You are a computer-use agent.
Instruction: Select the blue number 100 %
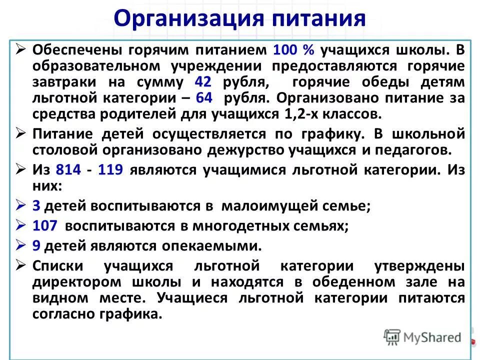[293, 50]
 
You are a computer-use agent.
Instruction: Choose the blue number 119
[111, 170]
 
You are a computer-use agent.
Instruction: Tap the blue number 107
[45, 225]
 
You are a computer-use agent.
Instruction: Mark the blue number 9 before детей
[35, 245]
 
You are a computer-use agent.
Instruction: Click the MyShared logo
[422, 337]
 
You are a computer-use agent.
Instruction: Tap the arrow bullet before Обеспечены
[21, 49]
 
